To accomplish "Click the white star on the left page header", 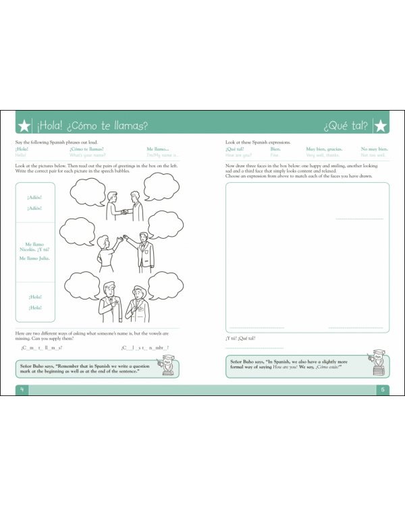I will click(x=24, y=125).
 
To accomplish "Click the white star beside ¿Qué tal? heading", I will click(x=380, y=125).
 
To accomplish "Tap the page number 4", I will click(x=22, y=389).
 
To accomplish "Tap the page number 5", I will click(x=382, y=389).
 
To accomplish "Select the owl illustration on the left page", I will click(x=166, y=366).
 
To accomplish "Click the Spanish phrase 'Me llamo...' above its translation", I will click(x=157, y=149).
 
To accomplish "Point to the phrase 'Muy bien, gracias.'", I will click(x=324, y=149).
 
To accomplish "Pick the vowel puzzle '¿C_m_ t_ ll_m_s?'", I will click(x=42, y=347).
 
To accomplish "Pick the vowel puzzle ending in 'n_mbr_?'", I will click(x=144, y=347).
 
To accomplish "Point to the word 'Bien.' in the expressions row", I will click(x=275, y=149).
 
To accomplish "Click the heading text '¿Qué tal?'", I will click(x=346, y=125).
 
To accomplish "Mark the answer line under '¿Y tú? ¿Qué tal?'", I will click(x=254, y=347).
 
